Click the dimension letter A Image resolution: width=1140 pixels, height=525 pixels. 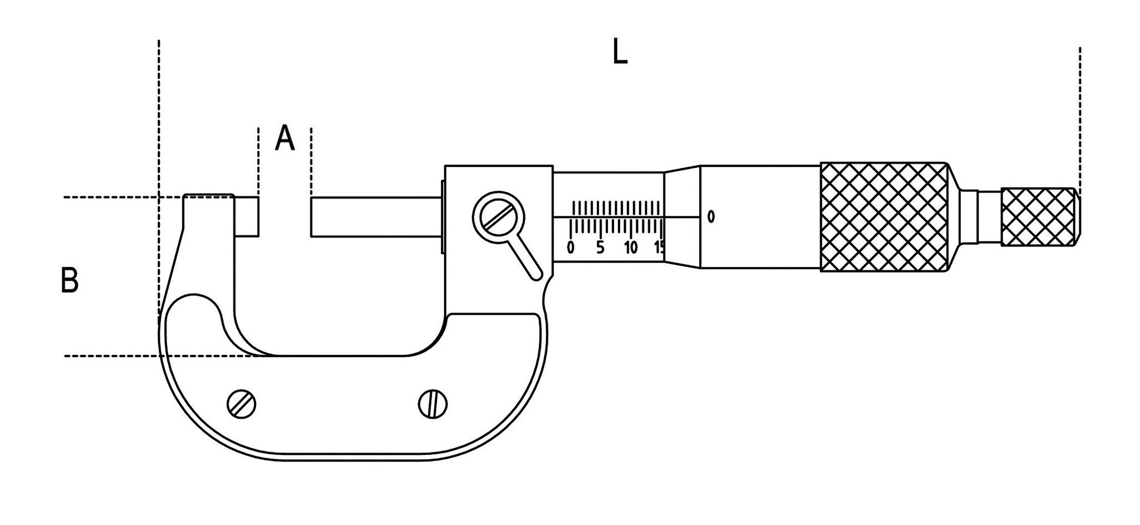pos(285,138)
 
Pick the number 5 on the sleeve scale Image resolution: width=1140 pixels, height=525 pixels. pos(600,247)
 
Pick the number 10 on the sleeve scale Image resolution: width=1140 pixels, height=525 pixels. pos(631,247)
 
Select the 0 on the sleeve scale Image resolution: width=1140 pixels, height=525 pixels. pos(570,247)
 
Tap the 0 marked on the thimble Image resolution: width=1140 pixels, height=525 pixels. pos(711,216)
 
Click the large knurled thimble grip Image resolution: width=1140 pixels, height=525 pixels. pos(884,217)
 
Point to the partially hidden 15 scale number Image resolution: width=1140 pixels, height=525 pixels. pos(659,247)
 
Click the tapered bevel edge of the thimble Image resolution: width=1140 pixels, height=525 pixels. pos(682,217)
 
